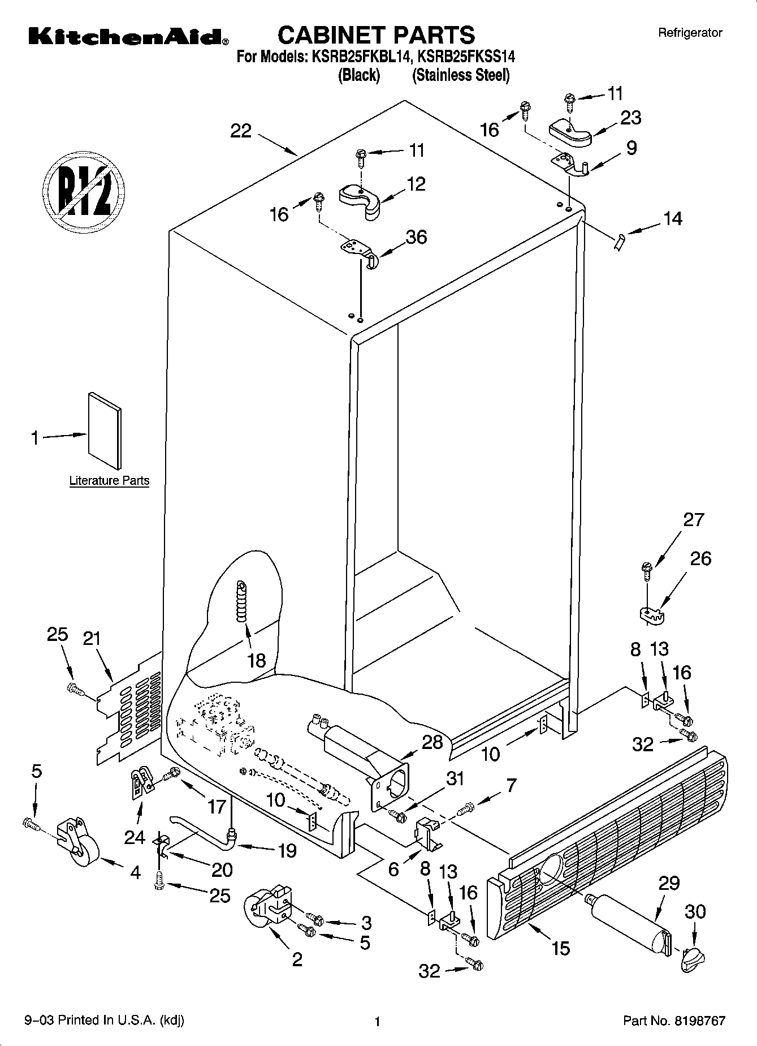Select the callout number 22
click(241, 131)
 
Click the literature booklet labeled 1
click(104, 431)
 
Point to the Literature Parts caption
click(109, 481)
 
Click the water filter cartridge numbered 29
click(628, 921)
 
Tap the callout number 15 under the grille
click(560, 948)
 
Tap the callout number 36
click(417, 237)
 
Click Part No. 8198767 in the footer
click(674, 1021)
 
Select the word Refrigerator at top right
click(690, 33)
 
